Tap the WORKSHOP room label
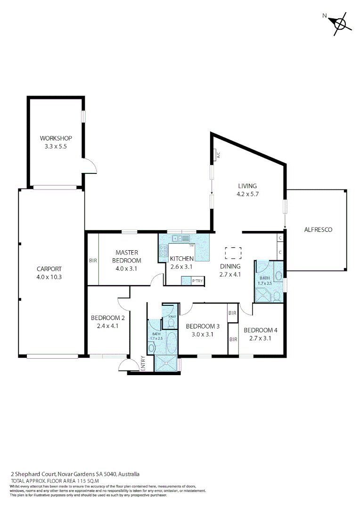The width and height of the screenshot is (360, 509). pyautogui.click(x=56, y=138)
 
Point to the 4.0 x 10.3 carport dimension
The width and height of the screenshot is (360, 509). pyautogui.click(x=49, y=277)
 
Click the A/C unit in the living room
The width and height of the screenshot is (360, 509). pyautogui.click(x=218, y=155)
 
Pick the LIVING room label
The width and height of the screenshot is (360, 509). pyautogui.click(x=247, y=186)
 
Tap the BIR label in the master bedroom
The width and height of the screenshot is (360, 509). pyautogui.click(x=92, y=260)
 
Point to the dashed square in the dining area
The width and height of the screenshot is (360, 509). pyautogui.click(x=233, y=253)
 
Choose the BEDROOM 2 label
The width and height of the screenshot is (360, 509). pyautogui.click(x=107, y=318)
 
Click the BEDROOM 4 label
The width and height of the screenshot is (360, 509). pyautogui.click(x=261, y=330)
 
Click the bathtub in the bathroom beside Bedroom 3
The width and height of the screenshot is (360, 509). pyautogui.click(x=171, y=343)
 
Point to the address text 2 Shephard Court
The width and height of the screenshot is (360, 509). pyautogui.click(x=34, y=474)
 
